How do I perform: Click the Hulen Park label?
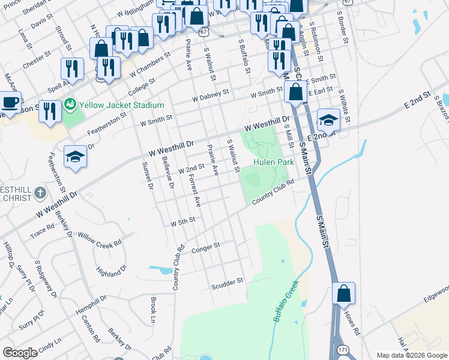tap(273, 162)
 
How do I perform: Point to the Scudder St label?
tap(227, 281)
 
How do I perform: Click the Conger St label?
tap(206, 246)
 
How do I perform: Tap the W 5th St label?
tap(183, 222)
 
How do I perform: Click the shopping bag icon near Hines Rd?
tap(343, 294)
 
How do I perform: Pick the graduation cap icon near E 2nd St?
tap(328, 121)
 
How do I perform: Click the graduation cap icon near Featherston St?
tap(76, 157)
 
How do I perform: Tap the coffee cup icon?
tap(10, 102)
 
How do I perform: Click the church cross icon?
tap(40, 193)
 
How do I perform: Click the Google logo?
tap(20, 353)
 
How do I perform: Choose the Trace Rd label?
tap(42, 232)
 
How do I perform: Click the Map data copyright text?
tap(411, 355)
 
